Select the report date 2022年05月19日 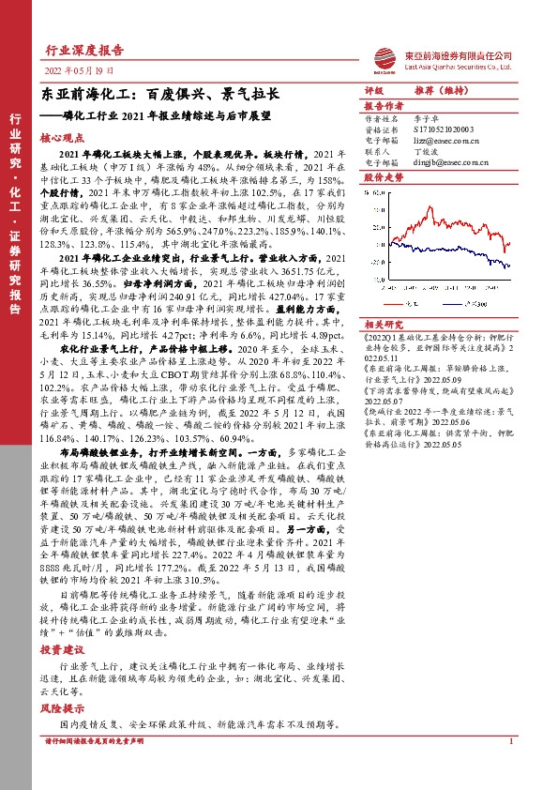[80, 71]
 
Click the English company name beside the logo [455, 66]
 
